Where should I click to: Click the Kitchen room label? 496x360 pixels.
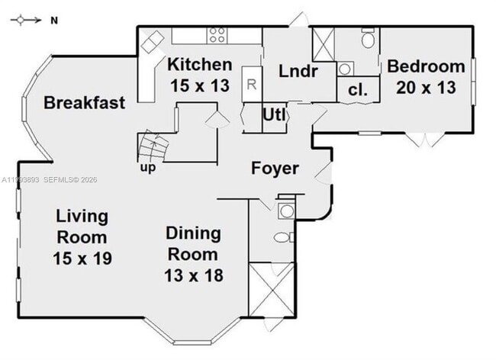pyautogui.click(x=200, y=64)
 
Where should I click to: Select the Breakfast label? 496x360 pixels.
pyautogui.click(x=84, y=103)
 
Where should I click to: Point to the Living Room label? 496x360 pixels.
pyautogui.click(x=82, y=227)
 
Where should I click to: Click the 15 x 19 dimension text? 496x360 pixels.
pyautogui.click(x=82, y=259)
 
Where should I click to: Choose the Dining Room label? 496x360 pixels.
pyautogui.click(x=193, y=243)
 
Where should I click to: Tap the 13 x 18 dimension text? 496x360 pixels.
pyautogui.click(x=193, y=275)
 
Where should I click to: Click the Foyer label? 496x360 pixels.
pyautogui.click(x=275, y=169)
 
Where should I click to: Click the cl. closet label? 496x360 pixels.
pyautogui.click(x=358, y=89)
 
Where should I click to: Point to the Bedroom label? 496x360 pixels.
pyautogui.click(x=426, y=66)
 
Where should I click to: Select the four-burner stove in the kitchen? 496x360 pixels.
pyautogui.click(x=217, y=35)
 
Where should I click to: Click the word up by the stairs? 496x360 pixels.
pyautogui.click(x=147, y=167)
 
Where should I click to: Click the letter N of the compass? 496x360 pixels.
pyautogui.click(x=54, y=21)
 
